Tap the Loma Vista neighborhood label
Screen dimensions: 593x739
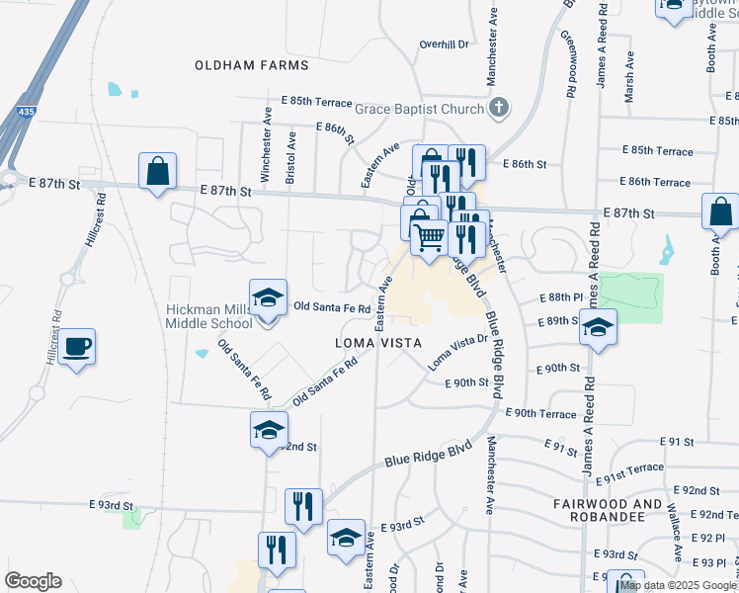tap(378, 343)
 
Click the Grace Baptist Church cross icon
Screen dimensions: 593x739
tap(499, 107)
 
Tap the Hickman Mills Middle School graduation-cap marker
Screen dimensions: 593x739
tap(267, 298)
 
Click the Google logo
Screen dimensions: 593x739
tap(33, 581)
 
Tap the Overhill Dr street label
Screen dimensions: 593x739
tap(443, 44)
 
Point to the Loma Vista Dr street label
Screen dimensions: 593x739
tap(457, 352)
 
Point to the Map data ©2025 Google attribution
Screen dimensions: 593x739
tap(677, 585)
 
